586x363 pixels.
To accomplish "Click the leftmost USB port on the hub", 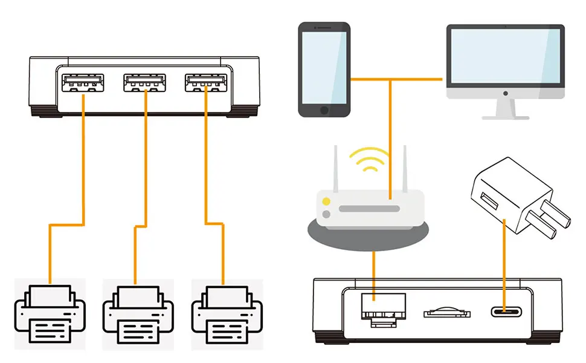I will [x=83, y=83].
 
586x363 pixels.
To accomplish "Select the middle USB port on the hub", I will [x=144, y=83].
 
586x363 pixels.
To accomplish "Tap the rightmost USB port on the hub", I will [x=206, y=83].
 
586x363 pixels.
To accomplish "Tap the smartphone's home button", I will [x=324, y=110].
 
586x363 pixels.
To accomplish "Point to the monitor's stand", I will [x=505, y=110].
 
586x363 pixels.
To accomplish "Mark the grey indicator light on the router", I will [x=326, y=214].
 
